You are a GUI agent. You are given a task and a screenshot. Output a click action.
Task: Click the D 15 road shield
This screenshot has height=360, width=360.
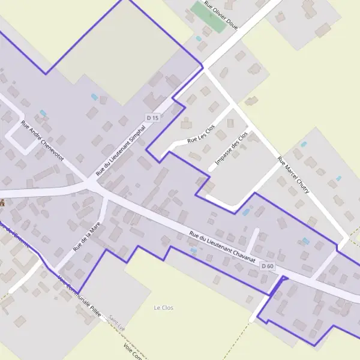(154, 118)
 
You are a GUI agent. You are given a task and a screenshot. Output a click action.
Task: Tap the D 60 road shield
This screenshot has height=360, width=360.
(268, 266)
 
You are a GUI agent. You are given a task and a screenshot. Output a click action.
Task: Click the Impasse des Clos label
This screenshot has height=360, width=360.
(231, 149)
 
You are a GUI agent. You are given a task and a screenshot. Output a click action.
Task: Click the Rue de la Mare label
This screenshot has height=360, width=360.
(85, 236)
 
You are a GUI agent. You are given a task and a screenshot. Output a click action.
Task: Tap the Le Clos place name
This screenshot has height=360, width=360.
(163, 308)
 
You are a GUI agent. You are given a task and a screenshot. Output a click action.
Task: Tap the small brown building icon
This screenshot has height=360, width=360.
(2, 203)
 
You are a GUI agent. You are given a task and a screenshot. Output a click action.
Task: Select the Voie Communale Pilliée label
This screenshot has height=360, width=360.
(79, 296)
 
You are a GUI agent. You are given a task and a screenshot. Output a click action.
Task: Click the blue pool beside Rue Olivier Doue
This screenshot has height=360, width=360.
(199, 39)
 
